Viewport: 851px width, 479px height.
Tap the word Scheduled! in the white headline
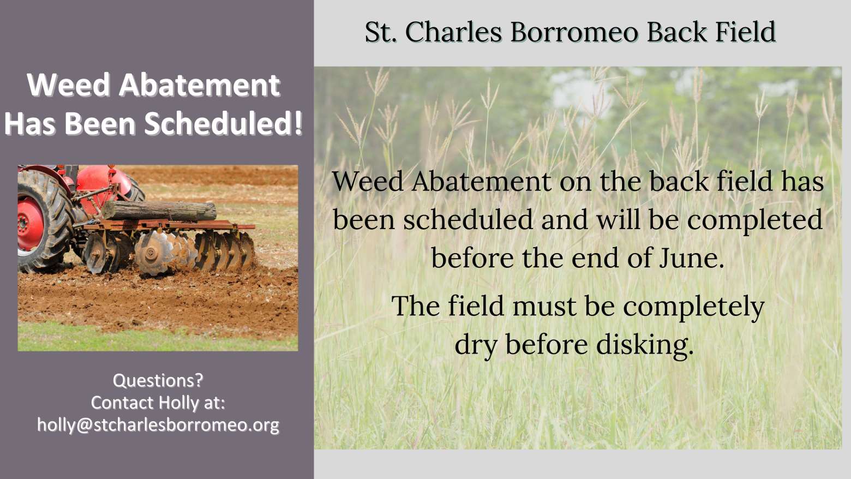click(x=224, y=124)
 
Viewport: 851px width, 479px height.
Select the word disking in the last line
click(x=645, y=345)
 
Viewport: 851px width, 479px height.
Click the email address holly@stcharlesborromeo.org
click(x=158, y=425)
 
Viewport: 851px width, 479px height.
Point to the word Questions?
click(x=158, y=380)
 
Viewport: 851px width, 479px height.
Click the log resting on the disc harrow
click(x=159, y=211)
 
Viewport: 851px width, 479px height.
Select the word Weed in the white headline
click(x=69, y=85)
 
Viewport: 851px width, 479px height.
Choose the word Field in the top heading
click(x=745, y=32)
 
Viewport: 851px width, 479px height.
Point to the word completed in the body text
click(x=755, y=220)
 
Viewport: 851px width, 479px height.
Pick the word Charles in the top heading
click(x=454, y=32)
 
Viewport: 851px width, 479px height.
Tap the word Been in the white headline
click(x=100, y=124)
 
